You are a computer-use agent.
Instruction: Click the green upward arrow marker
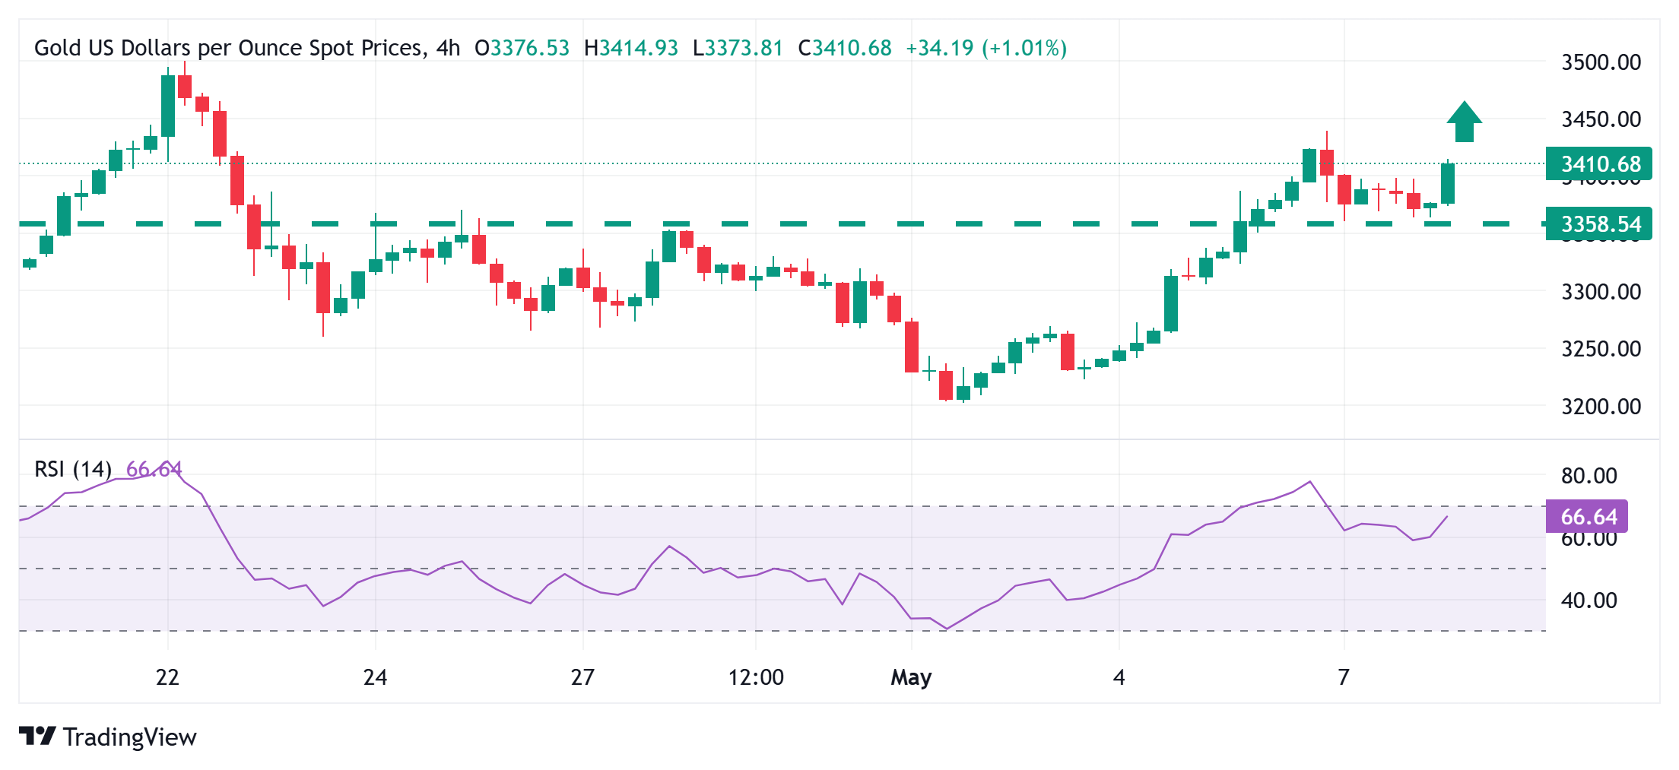point(1464,122)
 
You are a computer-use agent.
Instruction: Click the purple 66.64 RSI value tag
point(1587,517)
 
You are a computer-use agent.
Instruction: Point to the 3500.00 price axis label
point(1601,62)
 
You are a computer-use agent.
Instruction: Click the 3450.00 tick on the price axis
point(1601,119)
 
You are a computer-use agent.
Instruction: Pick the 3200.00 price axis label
point(1601,407)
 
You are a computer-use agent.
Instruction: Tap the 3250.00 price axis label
point(1601,349)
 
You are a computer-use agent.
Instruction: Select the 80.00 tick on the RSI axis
point(1589,476)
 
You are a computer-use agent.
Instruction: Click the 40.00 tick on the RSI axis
point(1589,600)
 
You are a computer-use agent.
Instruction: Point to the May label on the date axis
point(911,677)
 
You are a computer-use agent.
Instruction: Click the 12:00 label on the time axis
point(756,677)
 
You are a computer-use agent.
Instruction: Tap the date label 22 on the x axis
point(167,677)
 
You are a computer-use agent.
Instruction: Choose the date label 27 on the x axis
point(582,677)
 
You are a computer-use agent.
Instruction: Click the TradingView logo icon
point(37,736)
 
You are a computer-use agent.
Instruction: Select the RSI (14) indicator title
point(73,469)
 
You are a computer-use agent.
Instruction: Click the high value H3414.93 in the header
point(630,48)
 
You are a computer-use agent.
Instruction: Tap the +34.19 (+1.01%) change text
point(985,48)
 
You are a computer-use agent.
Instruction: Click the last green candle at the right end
point(1447,183)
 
